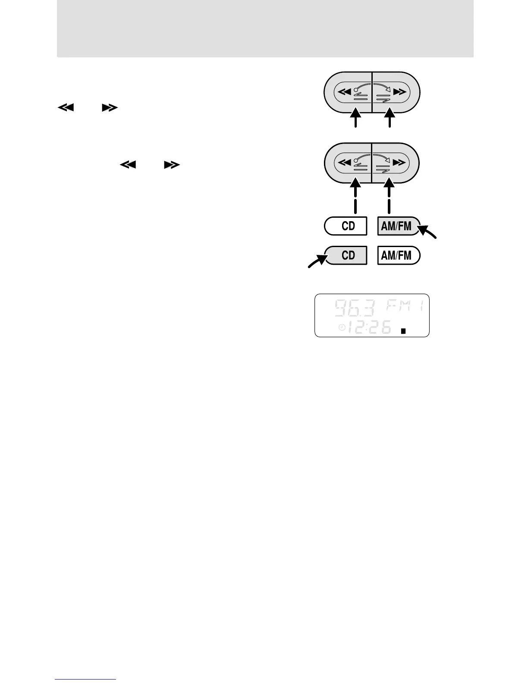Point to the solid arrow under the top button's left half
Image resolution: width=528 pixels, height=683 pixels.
tap(355, 119)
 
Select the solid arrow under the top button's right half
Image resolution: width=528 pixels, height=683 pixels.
tap(390, 119)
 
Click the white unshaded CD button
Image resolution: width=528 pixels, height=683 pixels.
tap(346, 226)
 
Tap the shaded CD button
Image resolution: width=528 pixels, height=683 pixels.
tap(346, 255)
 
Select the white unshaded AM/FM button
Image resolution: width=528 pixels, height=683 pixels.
tap(398, 255)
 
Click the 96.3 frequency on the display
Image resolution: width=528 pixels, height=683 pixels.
tap(355, 308)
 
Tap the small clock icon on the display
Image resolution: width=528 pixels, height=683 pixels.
tap(341, 328)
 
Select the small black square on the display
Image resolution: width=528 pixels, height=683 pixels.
tap(403, 331)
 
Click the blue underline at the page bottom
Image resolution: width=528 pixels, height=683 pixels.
tap(85, 679)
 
